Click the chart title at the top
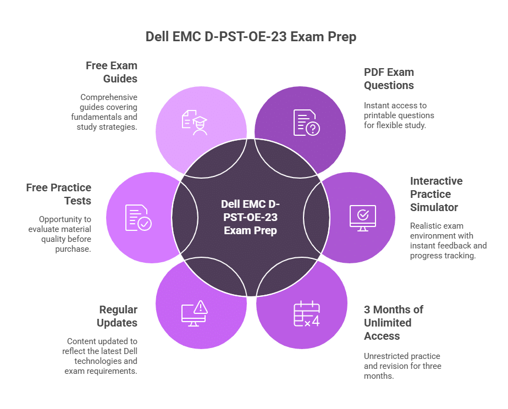[x=251, y=37]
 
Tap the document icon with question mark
[x=306, y=122]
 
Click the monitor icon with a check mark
[x=363, y=218]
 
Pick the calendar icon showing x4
[x=306, y=314]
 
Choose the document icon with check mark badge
[x=137, y=218]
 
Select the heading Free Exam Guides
[x=112, y=72]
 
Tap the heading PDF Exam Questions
[x=389, y=79]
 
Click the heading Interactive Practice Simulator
[x=436, y=194]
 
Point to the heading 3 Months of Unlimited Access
[x=393, y=323]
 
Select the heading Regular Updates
[x=117, y=316]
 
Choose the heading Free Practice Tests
[x=58, y=194]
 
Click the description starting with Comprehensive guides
[x=104, y=112]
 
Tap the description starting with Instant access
[x=399, y=115]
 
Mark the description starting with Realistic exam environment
[x=448, y=241]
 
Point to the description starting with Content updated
[x=101, y=356]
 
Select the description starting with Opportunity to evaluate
[x=65, y=234]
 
